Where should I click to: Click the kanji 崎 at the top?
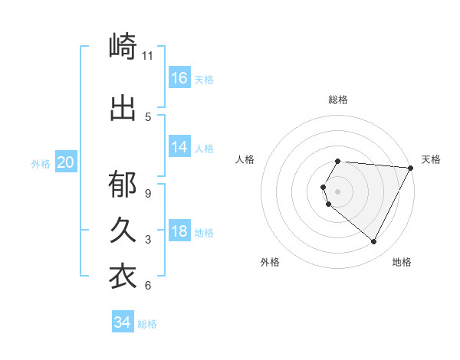[x=123, y=47]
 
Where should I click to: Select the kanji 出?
[x=123, y=108]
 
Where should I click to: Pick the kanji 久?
[x=123, y=230]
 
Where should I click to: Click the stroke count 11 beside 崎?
[x=148, y=56]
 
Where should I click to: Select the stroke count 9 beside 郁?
[x=148, y=193]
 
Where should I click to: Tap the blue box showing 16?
[x=179, y=78]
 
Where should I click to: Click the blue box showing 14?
[x=179, y=147]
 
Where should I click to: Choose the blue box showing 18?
[x=179, y=232]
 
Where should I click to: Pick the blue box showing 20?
[x=66, y=162]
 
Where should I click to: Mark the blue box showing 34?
[x=122, y=322]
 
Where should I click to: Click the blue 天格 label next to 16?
[x=204, y=80]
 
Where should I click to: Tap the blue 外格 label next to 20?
[x=41, y=164]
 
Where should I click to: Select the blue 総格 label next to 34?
[x=147, y=324]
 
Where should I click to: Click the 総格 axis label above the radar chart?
[x=338, y=100]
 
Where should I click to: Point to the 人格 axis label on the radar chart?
[x=245, y=159]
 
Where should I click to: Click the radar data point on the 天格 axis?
[x=411, y=168]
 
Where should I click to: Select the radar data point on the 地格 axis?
[x=374, y=242]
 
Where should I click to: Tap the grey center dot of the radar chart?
[x=338, y=191]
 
